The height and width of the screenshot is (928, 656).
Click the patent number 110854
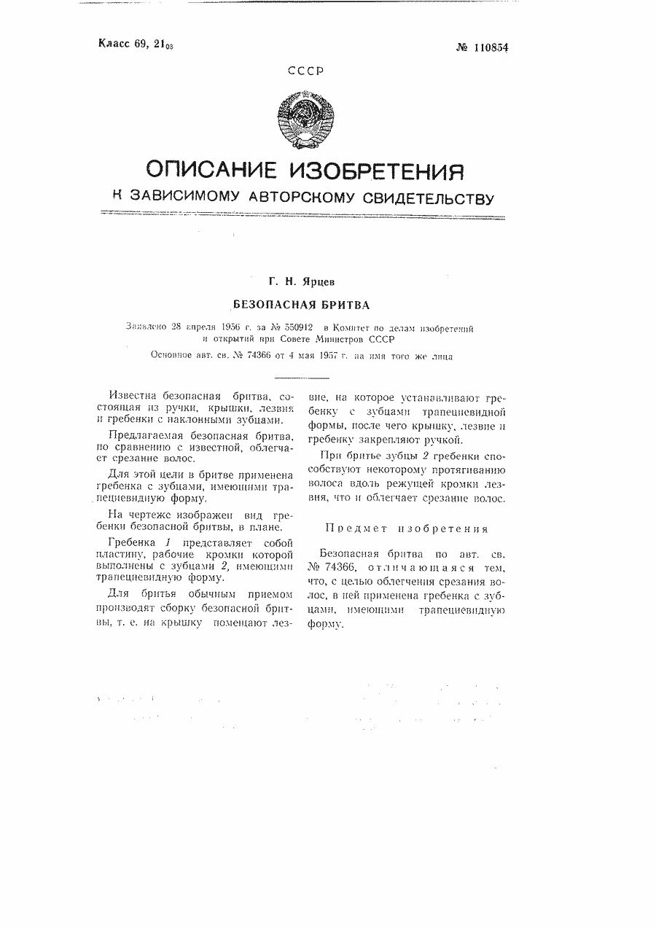(488, 48)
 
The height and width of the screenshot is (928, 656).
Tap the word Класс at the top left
(114, 44)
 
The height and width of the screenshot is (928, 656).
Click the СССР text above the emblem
(305, 71)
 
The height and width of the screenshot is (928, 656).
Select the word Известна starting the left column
(130, 394)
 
